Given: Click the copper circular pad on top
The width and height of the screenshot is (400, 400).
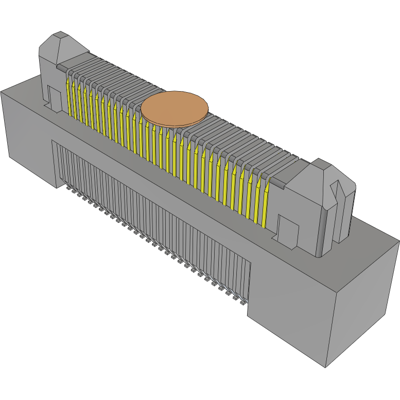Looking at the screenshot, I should tap(175, 109).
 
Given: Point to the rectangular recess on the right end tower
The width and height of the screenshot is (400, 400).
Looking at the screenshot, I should tap(287, 229).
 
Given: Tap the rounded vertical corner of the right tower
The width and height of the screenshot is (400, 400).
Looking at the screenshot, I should tap(323, 232).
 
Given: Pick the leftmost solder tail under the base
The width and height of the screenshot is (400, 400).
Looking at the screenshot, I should tap(68, 188).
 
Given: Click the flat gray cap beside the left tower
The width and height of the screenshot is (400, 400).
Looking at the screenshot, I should tap(62, 67).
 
